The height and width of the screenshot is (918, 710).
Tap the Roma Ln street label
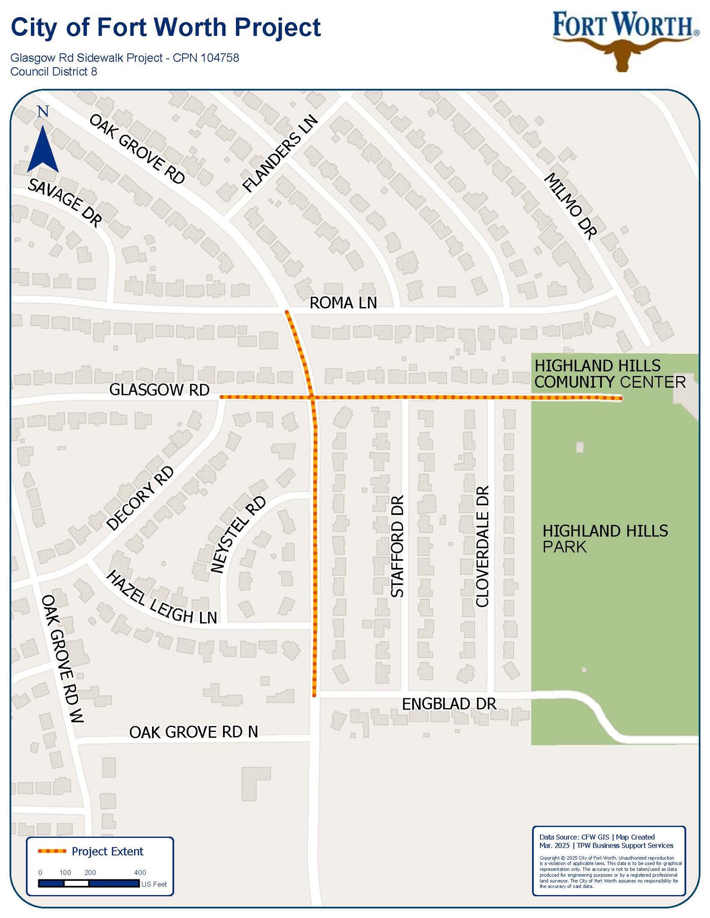(x=343, y=303)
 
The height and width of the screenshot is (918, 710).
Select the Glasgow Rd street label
(x=159, y=390)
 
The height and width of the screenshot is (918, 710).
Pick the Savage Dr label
(x=65, y=202)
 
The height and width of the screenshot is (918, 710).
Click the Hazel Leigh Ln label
(x=161, y=598)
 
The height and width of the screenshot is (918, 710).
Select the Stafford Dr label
(x=397, y=546)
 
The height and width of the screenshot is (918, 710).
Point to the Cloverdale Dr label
(x=482, y=546)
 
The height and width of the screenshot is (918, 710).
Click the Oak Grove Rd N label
(x=193, y=732)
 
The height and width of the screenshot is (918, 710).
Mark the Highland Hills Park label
(x=605, y=539)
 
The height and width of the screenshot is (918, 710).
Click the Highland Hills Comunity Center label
(x=610, y=374)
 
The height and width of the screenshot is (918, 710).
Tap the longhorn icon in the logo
(x=623, y=54)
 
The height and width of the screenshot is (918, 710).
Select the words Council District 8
(x=54, y=72)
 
